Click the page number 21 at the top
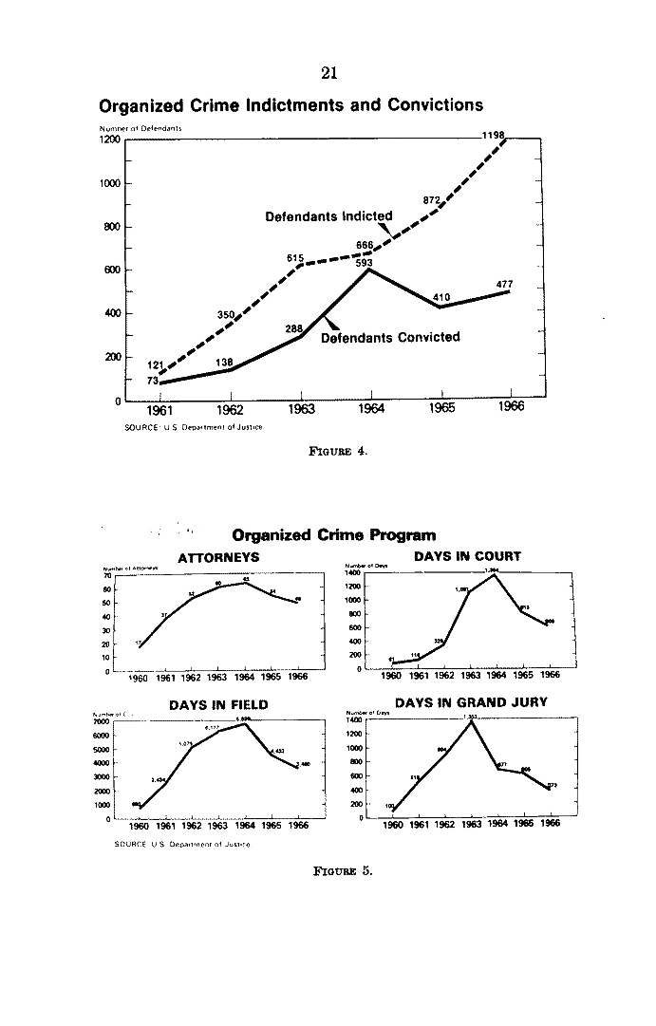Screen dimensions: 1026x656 click(x=329, y=72)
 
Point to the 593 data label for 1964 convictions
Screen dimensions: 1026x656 click(x=364, y=264)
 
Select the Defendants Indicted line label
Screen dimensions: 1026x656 click(x=328, y=216)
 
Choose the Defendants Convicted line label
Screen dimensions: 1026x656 click(x=390, y=337)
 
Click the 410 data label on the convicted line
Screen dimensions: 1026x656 click(x=440, y=297)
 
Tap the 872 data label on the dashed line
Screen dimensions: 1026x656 click(x=431, y=200)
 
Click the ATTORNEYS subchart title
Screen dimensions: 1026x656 click(x=218, y=557)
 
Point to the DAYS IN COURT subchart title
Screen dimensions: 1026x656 click(x=467, y=556)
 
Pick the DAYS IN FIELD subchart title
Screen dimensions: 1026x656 click(x=218, y=705)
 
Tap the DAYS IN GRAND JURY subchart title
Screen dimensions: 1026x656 click(x=471, y=703)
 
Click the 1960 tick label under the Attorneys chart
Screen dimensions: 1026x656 click(x=139, y=678)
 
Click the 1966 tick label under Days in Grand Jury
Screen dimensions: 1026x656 click(x=549, y=824)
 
